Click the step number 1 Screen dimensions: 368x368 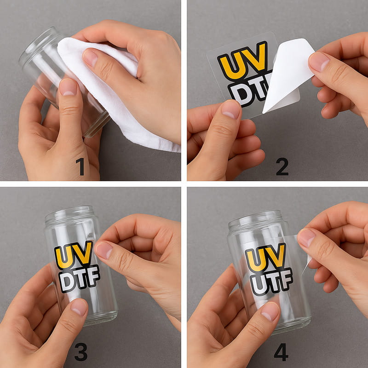(80, 167)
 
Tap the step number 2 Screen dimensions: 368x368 (282, 167)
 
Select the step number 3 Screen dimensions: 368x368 (81, 352)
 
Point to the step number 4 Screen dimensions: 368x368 (281, 352)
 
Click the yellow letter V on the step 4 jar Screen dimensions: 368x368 (277, 255)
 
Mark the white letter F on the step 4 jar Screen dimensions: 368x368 (286, 279)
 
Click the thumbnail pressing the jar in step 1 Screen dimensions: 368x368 (68, 87)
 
